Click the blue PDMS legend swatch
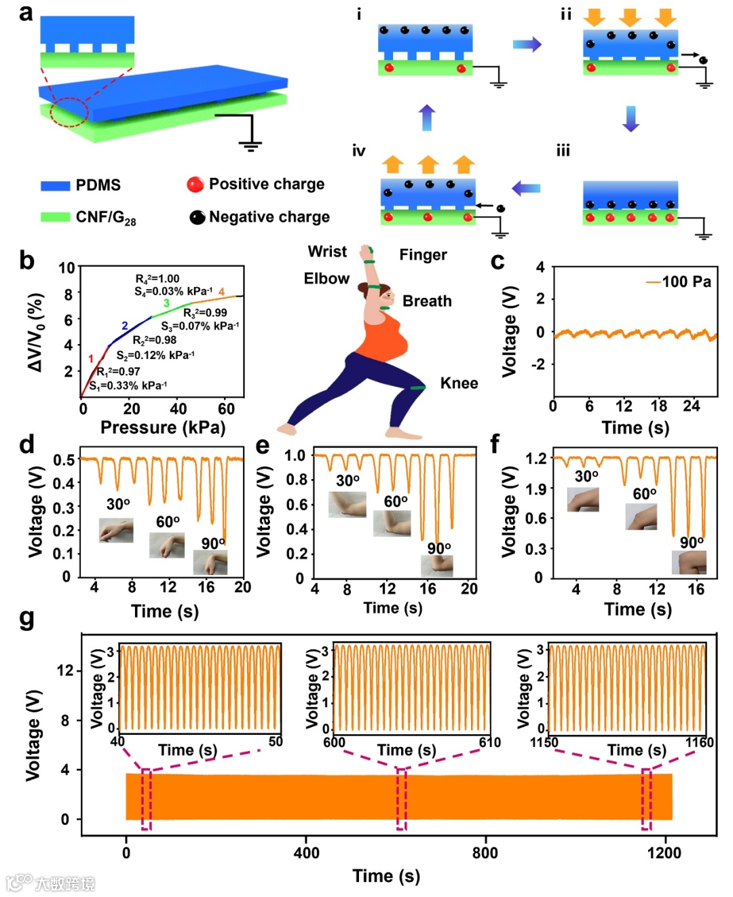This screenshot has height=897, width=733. coord(55,185)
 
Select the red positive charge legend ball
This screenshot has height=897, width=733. coord(195,185)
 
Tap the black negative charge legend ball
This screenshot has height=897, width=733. coord(197,217)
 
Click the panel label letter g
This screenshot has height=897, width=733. coord(27,618)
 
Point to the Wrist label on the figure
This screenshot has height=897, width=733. coord(327,252)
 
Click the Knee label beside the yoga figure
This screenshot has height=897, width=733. coord(459,383)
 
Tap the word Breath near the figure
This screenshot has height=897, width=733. coord(427,301)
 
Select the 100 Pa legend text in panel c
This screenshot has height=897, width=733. coord(686,282)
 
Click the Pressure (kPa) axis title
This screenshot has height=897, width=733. coord(163,427)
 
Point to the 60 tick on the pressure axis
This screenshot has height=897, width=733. coord(226,408)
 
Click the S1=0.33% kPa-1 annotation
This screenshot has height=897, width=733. coord(128,385)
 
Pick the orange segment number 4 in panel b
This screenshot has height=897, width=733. coord(221,292)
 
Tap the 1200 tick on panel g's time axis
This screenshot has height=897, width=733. coord(664,853)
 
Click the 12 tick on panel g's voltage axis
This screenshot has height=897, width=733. coord(64,670)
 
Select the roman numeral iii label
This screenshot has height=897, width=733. coord(563,151)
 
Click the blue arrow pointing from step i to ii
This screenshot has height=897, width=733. coord(527,45)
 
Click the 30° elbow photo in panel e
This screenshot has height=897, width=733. coord(347,504)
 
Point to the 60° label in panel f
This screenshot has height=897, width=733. coord(644,494)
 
